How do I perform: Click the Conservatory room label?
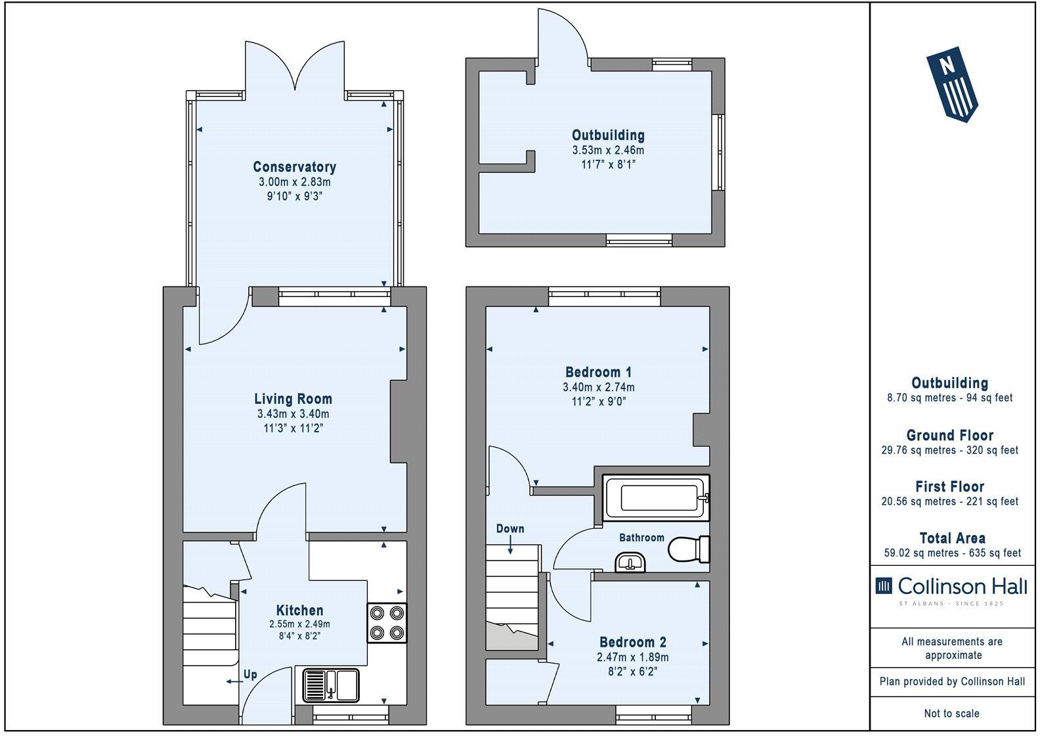click(294, 167)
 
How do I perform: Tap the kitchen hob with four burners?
click(387, 623)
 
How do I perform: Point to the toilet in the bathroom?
click(688, 549)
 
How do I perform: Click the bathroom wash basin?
click(632, 563)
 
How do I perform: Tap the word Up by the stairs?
click(250, 675)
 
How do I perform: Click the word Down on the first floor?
click(510, 528)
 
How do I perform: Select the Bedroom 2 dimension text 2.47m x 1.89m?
click(632, 657)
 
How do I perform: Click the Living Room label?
click(293, 399)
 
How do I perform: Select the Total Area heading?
click(952, 538)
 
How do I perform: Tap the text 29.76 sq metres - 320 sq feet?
click(949, 450)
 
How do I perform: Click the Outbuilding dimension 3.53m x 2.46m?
click(608, 150)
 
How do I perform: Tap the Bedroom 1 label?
click(598, 372)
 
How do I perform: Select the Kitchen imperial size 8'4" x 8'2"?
click(299, 636)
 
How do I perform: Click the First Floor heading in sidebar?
click(949, 487)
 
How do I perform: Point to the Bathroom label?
click(641, 538)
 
